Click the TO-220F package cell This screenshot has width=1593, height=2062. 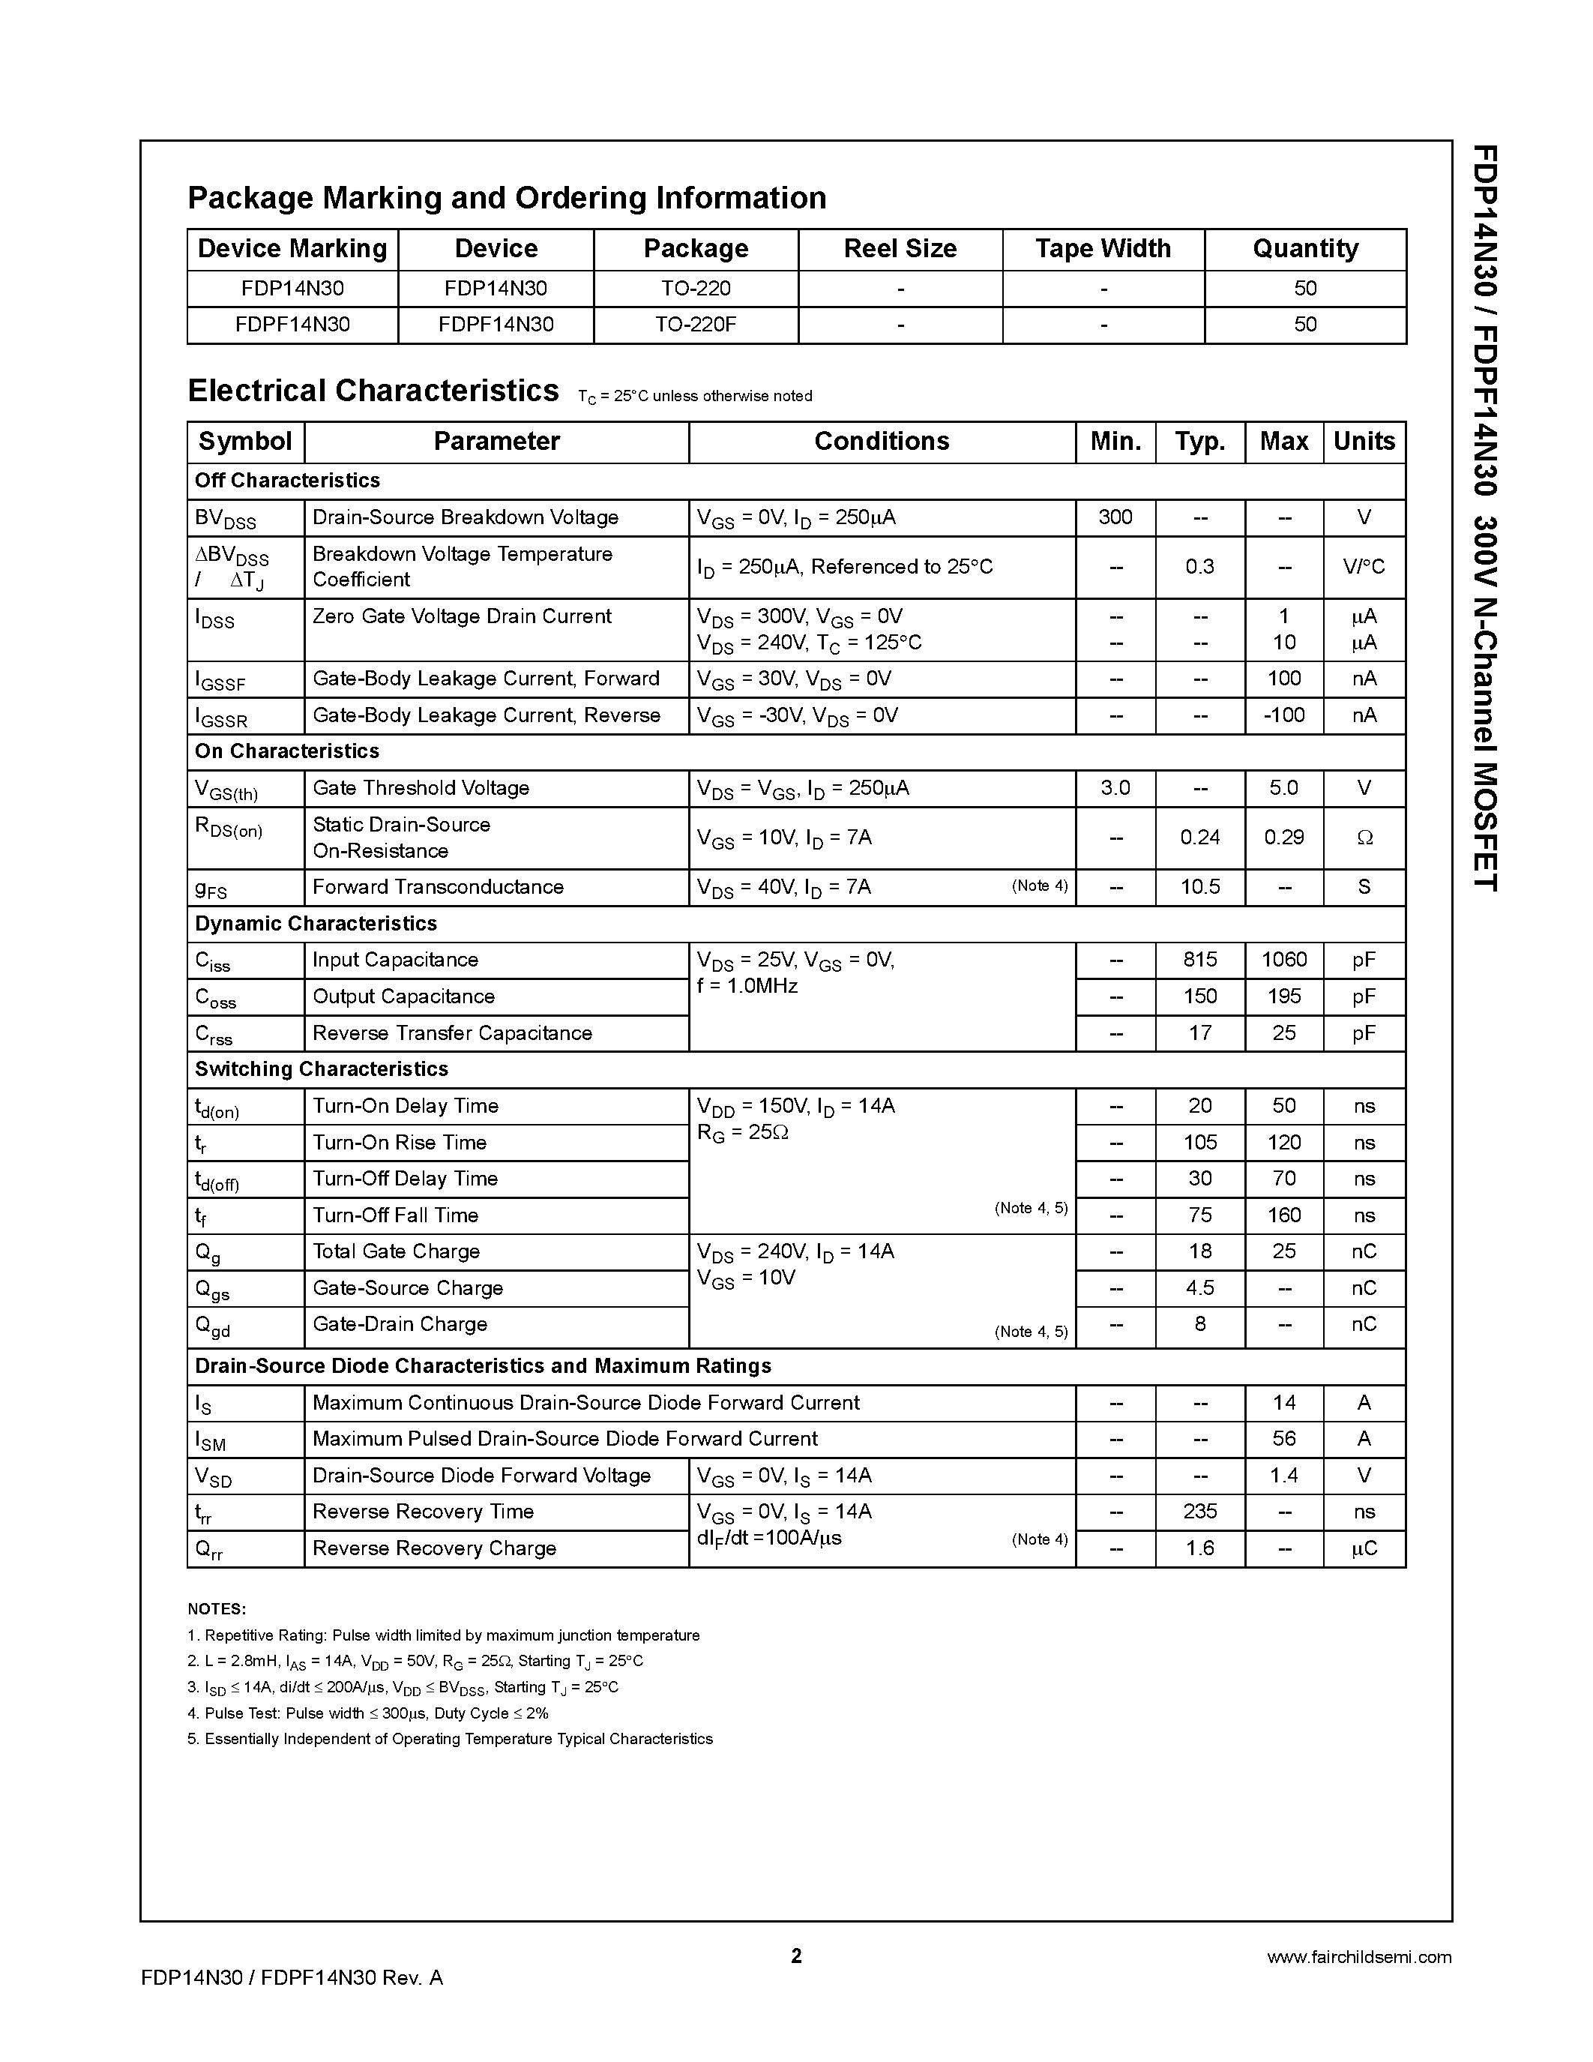tap(696, 325)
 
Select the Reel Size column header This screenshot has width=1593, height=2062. tap(900, 248)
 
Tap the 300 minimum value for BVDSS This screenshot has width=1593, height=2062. tap(1115, 517)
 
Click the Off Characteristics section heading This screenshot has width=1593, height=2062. tap(287, 481)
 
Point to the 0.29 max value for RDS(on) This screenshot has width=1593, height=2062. tap(1283, 838)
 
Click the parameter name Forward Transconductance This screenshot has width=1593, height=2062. tap(438, 886)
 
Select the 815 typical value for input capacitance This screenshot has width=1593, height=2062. tap(1199, 961)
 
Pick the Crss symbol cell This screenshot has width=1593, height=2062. tap(214, 1035)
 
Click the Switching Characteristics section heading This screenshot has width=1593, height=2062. tap(321, 1068)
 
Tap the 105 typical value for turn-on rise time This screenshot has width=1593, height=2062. tap(1199, 1143)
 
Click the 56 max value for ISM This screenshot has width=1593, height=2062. tap(1283, 1439)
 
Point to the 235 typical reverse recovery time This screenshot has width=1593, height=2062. tap(1199, 1512)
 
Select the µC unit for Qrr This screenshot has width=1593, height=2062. tap(1364, 1548)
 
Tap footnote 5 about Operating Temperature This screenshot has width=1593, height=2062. tap(450, 1739)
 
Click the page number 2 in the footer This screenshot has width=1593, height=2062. tap(795, 1956)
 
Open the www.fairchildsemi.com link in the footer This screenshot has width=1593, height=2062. tap(1358, 1957)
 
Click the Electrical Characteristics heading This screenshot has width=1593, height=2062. tap(373, 391)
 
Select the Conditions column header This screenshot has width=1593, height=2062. tap(882, 441)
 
